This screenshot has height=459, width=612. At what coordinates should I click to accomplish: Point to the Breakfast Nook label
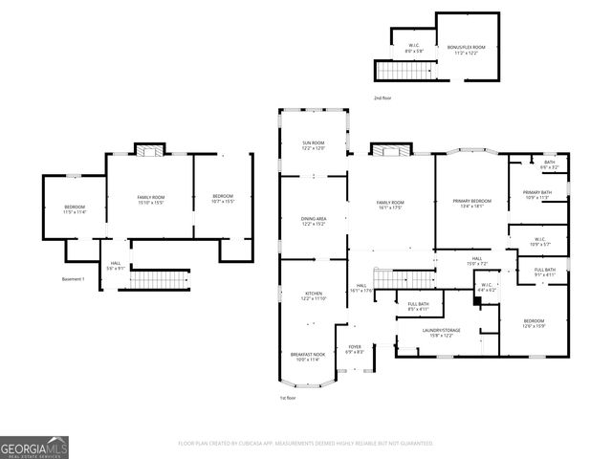[308, 356]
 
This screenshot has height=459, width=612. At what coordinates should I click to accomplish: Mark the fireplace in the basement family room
[148, 149]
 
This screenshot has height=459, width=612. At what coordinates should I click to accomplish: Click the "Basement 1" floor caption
[74, 279]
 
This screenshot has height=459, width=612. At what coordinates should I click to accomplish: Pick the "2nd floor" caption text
[382, 98]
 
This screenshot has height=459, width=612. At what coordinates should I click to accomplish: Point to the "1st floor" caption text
[288, 398]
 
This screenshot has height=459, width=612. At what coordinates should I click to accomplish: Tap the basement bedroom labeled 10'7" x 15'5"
[223, 199]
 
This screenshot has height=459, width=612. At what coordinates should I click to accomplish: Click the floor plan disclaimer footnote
[306, 444]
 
